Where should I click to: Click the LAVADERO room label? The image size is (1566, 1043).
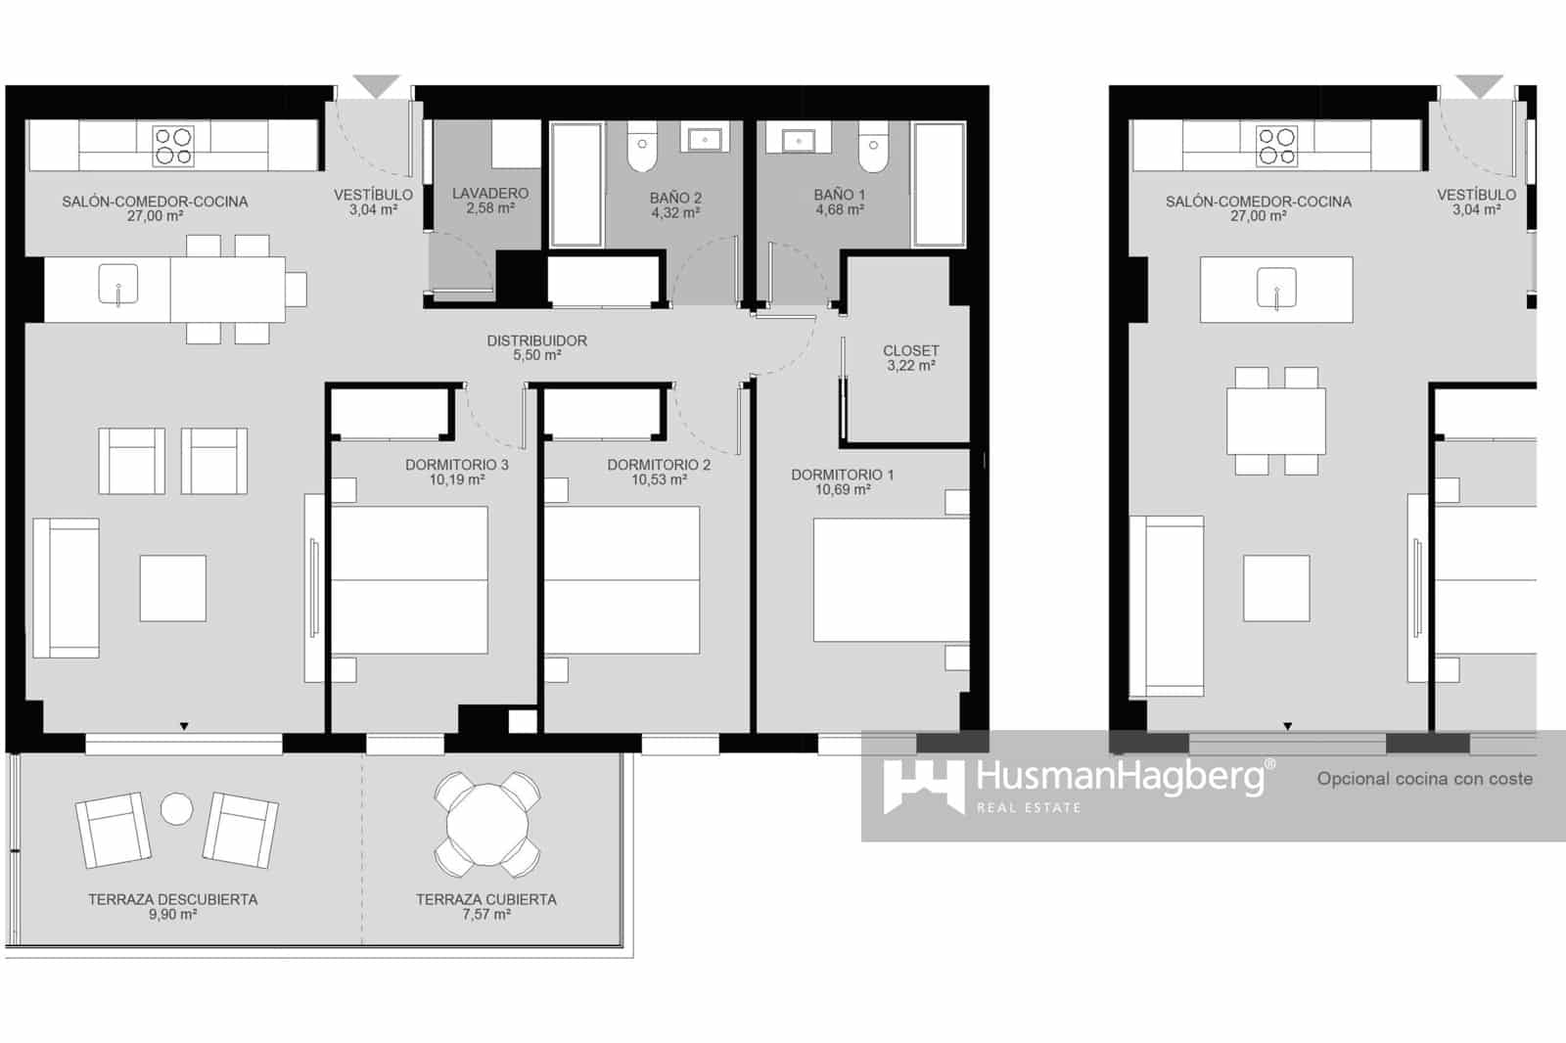pyautogui.click(x=489, y=194)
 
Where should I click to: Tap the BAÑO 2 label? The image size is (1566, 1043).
pyautogui.click(x=675, y=198)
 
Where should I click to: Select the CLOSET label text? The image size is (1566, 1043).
pyautogui.click(x=910, y=350)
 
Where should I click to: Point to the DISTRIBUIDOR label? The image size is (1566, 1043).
pyautogui.click(x=536, y=340)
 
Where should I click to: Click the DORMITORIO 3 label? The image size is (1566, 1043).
pyautogui.click(x=456, y=465)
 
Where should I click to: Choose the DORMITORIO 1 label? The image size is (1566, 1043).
pyautogui.click(x=842, y=475)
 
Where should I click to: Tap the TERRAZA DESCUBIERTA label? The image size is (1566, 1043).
pyautogui.click(x=172, y=899)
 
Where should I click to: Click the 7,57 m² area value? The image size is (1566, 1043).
pyautogui.click(x=485, y=915)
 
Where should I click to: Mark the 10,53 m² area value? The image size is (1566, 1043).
pyautogui.click(x=658, y=480)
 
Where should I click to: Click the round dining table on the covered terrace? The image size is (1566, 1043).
pyautogui.click(x=486, y=824)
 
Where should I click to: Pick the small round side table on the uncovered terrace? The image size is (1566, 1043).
pyautogui.click(x=177, y=808)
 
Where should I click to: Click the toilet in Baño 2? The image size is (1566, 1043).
pyautogui.click(x=641, y=152)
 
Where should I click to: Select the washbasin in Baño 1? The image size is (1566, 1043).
pyautogui.click(x=798, y=140)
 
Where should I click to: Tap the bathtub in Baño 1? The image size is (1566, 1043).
pyautogui.click(x=939, y=184)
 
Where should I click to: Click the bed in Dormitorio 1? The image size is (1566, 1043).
pyautogui.click(x=891, y=579)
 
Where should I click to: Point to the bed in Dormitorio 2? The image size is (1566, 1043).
pyautogui.click(x=622, y=579)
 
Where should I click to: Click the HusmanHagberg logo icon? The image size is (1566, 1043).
pyautogui.click(x=923, y=786)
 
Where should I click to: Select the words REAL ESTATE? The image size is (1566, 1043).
pyautogui.click(x=1029, y=808)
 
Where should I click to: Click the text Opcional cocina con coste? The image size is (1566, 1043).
pyautogui.click(x=1424, y=779)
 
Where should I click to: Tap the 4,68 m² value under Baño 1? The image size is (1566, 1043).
pyautogui.click(x=839, y=209)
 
